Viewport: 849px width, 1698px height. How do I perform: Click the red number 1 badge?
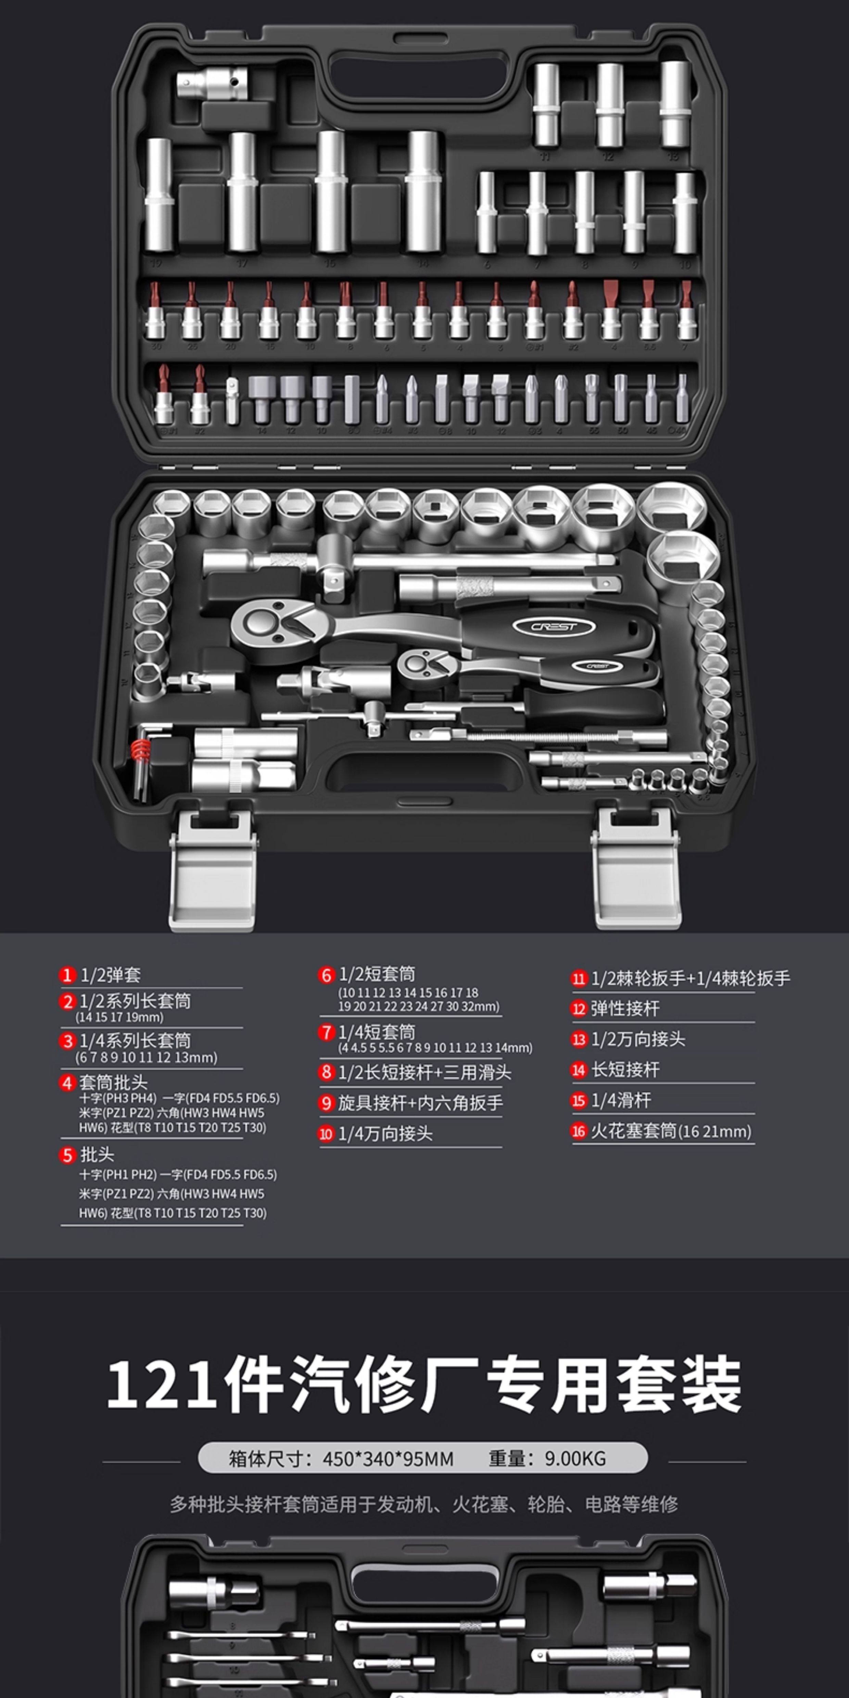[x=66, y=975]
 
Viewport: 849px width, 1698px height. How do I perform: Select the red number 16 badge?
[x=578, y=1131]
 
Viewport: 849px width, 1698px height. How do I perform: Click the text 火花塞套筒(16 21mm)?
[x=670, y=1131]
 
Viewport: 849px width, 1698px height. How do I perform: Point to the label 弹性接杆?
[x=624, y=1009]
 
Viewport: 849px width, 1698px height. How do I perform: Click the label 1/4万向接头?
[x=385, y=1134]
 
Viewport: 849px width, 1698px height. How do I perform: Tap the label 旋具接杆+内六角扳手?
[x=420, y=1103]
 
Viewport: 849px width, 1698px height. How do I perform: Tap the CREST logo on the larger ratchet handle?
[x=554, y=626]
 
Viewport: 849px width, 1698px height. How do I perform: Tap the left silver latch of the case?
[x=212, y=870]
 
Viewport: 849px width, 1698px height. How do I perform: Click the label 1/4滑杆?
[x=620, y=1100]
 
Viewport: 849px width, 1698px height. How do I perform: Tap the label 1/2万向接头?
[x=637, y=1039]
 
